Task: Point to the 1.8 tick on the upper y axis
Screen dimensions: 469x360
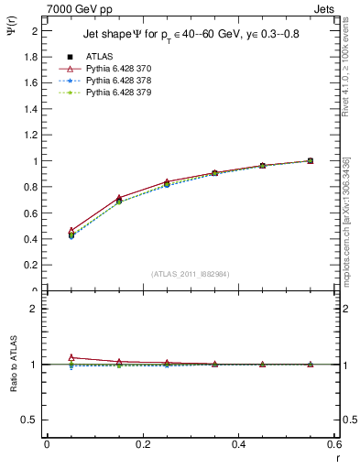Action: coord(34,56)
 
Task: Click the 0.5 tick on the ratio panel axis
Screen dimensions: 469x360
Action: coord(34,420)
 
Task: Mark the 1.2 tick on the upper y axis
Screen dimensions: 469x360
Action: coord(34,135)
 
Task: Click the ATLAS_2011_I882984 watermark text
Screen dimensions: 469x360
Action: coord(191,273)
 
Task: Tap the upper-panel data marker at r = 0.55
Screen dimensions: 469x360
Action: coord(310,161)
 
